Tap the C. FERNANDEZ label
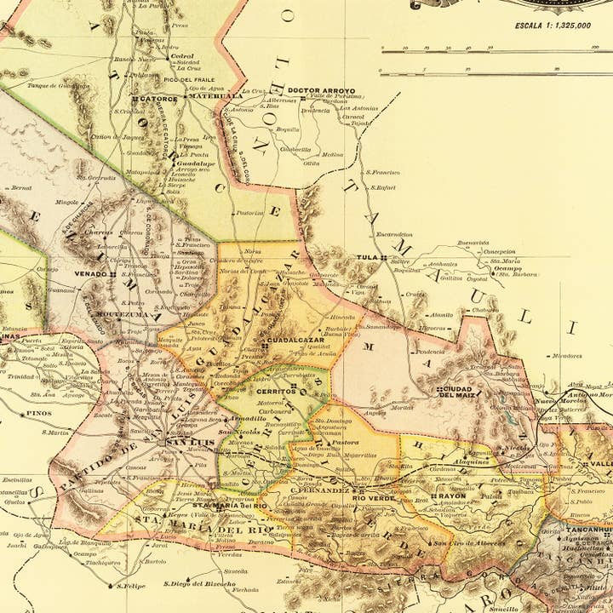(319, 490)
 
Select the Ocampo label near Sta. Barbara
(507, 267)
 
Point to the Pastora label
(344, 443)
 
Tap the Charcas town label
(99, 232)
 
